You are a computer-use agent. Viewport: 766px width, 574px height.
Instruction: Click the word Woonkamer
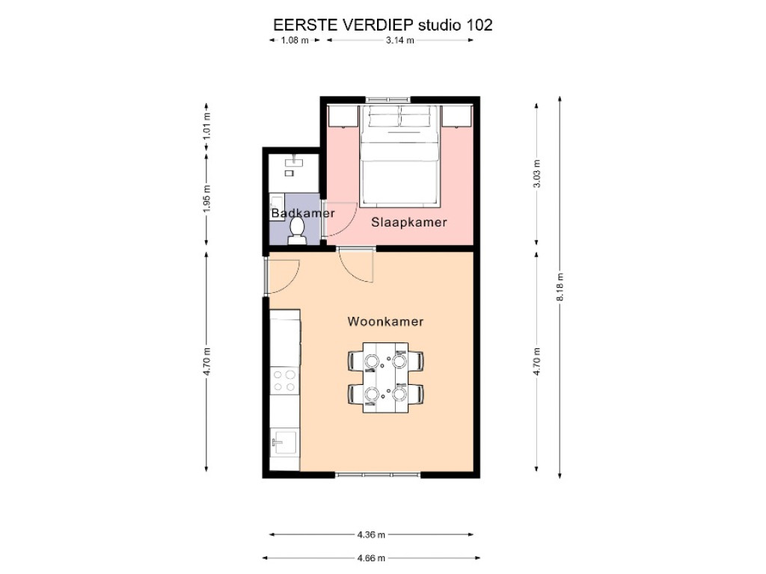point(385,321)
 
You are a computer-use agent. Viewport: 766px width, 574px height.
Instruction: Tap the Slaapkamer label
point(409,222)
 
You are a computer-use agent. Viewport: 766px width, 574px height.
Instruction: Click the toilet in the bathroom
point(297,230)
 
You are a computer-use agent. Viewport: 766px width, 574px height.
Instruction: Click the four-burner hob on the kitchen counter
point(284,380)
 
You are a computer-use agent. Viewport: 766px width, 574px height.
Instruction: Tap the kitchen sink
point(284,442)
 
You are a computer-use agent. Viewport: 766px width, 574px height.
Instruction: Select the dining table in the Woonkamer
point(385,377)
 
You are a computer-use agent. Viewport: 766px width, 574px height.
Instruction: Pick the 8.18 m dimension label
point(560,286)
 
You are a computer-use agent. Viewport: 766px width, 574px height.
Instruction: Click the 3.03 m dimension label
point(537,173)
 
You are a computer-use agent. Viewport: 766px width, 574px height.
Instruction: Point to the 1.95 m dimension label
point(207,199)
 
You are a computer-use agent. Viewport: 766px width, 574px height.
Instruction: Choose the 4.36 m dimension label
point(371,534)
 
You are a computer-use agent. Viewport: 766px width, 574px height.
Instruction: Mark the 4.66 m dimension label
point(371,558)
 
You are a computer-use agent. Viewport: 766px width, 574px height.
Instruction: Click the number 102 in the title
point(479,25)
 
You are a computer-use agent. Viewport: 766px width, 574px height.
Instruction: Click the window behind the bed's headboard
point(388,100)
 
